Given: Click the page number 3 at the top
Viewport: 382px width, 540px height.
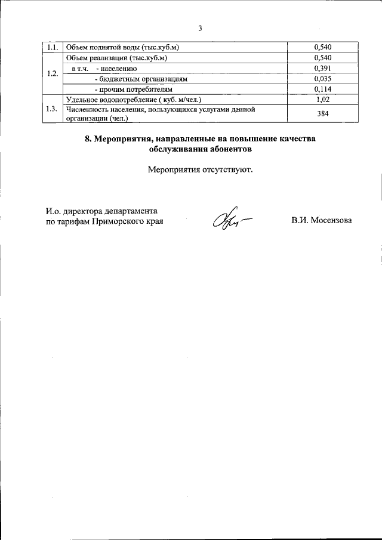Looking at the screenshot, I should (x=200, y=28).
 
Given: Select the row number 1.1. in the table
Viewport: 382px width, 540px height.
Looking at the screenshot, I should (x=53, y=47).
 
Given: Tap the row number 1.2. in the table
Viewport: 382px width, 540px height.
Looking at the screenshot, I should (x=53, y=73).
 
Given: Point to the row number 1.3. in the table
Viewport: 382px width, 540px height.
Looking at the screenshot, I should (x=53, y=109).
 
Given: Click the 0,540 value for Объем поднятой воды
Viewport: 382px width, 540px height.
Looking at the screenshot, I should (x=322, y=47).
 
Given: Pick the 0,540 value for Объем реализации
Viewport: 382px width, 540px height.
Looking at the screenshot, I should (x=322, y=58).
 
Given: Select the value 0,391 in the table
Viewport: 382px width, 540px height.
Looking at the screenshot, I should (x=322, y=69).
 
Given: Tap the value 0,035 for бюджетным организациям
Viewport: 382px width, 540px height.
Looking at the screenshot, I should (x=322, y=79).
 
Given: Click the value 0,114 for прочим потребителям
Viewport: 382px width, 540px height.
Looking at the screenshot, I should (x=322, y=90).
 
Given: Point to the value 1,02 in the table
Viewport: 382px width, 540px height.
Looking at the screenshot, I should (x=322, y=100).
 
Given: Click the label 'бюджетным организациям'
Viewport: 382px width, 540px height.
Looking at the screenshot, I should (x=144, y=79).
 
